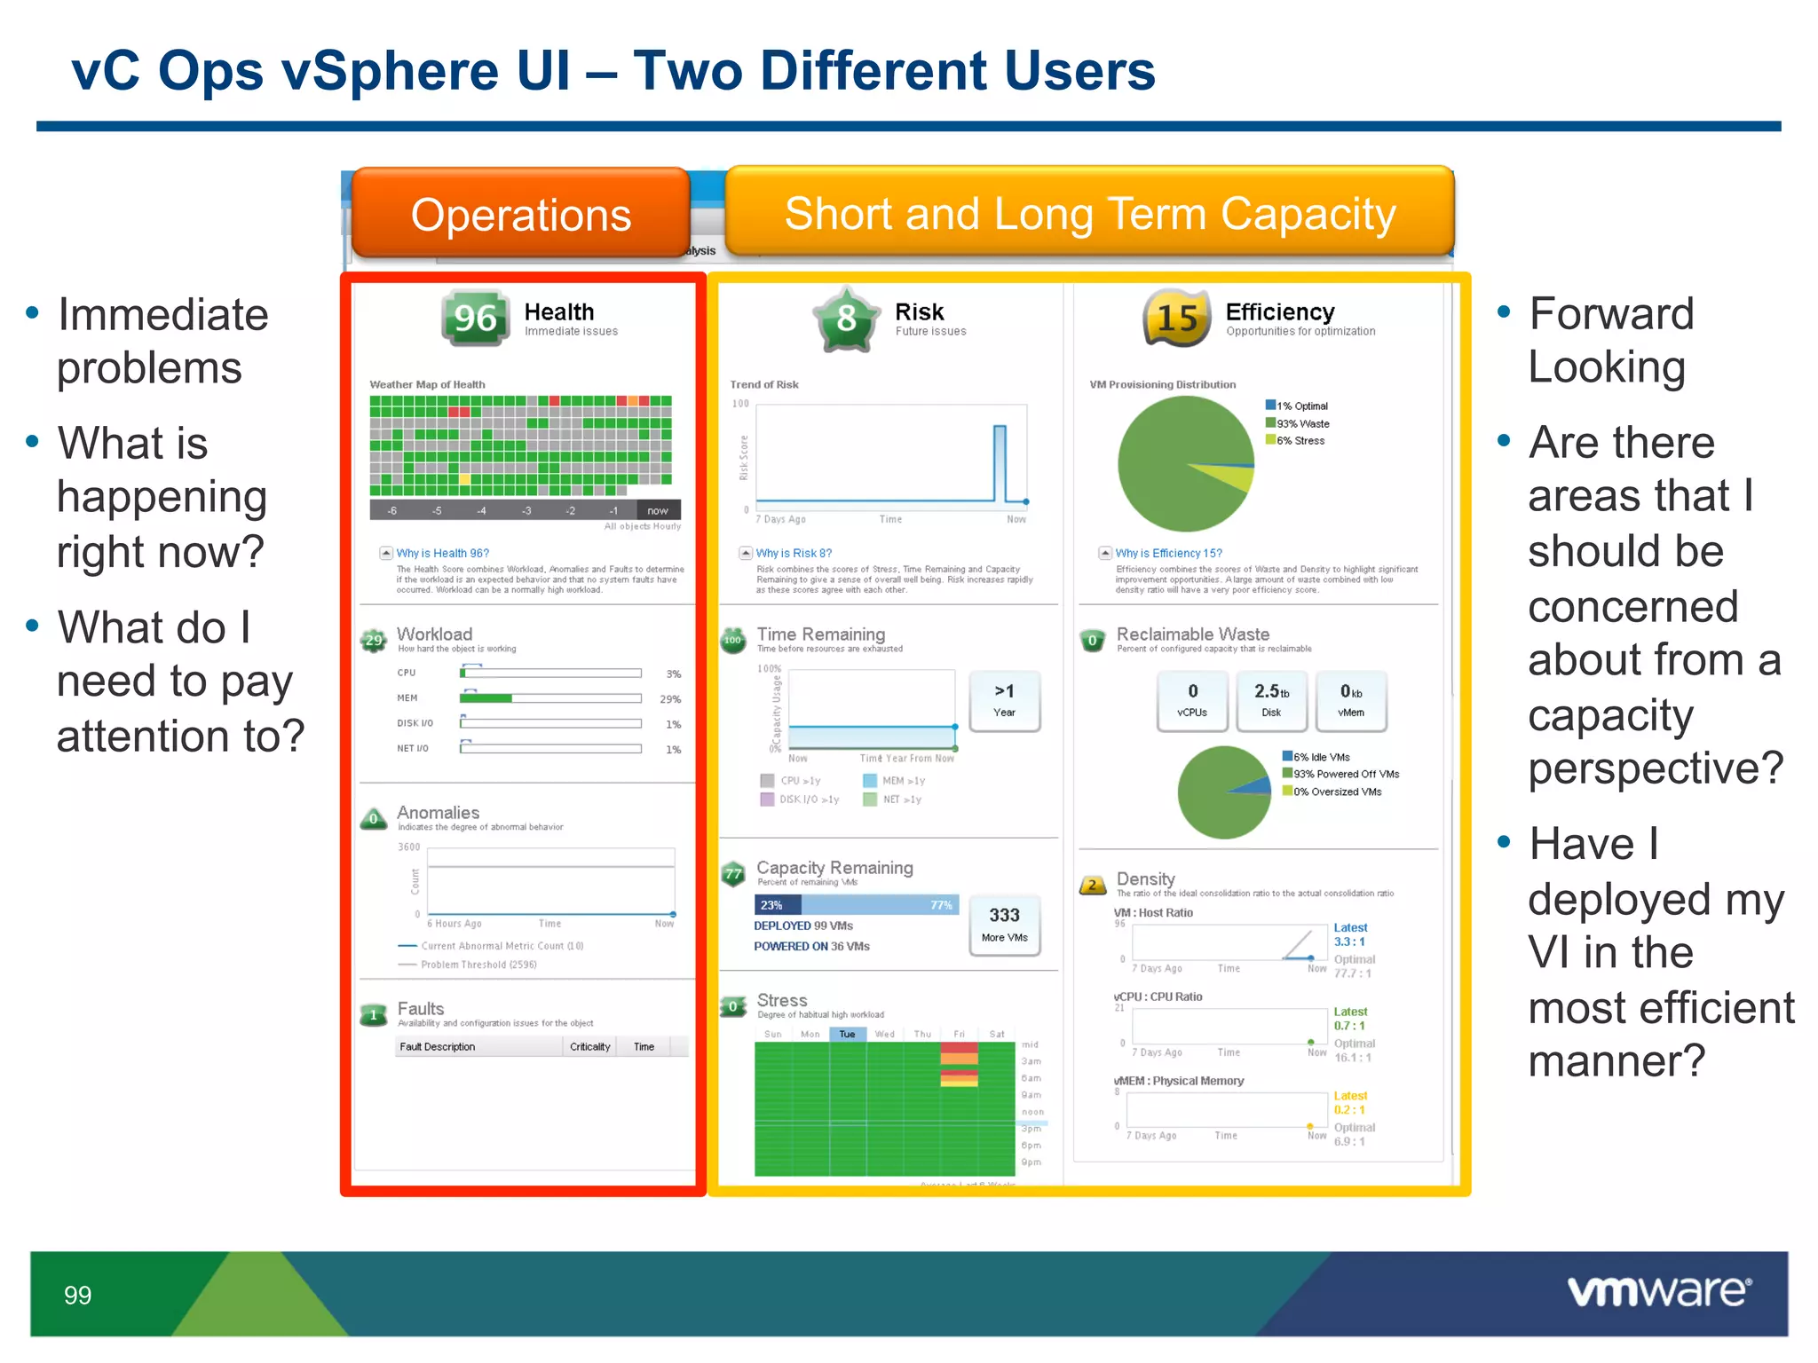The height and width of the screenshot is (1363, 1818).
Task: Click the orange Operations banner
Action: coord(520,214)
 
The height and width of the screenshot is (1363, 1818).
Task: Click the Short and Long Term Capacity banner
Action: coord(1089,213)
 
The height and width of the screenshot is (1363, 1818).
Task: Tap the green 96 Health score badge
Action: coord(476,318)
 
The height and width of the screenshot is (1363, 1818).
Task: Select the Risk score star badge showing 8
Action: coord(846,318)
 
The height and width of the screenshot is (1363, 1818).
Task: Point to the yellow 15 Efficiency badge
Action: coord(1177,318)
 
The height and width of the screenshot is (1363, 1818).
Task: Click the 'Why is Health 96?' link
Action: coord(442,553)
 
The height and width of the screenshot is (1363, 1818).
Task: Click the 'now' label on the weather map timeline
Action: coord(658,510)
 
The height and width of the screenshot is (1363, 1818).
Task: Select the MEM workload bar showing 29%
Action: coord(550,698)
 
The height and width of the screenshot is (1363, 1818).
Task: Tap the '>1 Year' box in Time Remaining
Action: coord(1004,700)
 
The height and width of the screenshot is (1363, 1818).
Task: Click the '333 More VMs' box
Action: coord(1004,925)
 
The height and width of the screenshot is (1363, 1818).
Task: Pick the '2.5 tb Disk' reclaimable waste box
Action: coord(1271,700)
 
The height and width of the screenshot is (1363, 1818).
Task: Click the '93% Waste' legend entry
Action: coord(1301,423)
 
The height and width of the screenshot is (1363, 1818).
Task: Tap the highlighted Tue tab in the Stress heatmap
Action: coord(847,1034)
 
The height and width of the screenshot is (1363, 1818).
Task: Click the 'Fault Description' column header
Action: coord(438,1046)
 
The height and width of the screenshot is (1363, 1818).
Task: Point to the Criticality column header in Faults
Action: coord(589,1046)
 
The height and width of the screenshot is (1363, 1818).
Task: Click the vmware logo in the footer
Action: coord(1658,1291)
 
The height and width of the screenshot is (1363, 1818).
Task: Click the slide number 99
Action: coord(77,1295)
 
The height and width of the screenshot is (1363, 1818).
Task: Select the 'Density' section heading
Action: coord(1145,878)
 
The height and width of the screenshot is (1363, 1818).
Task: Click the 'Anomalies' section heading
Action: coord(438,812)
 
